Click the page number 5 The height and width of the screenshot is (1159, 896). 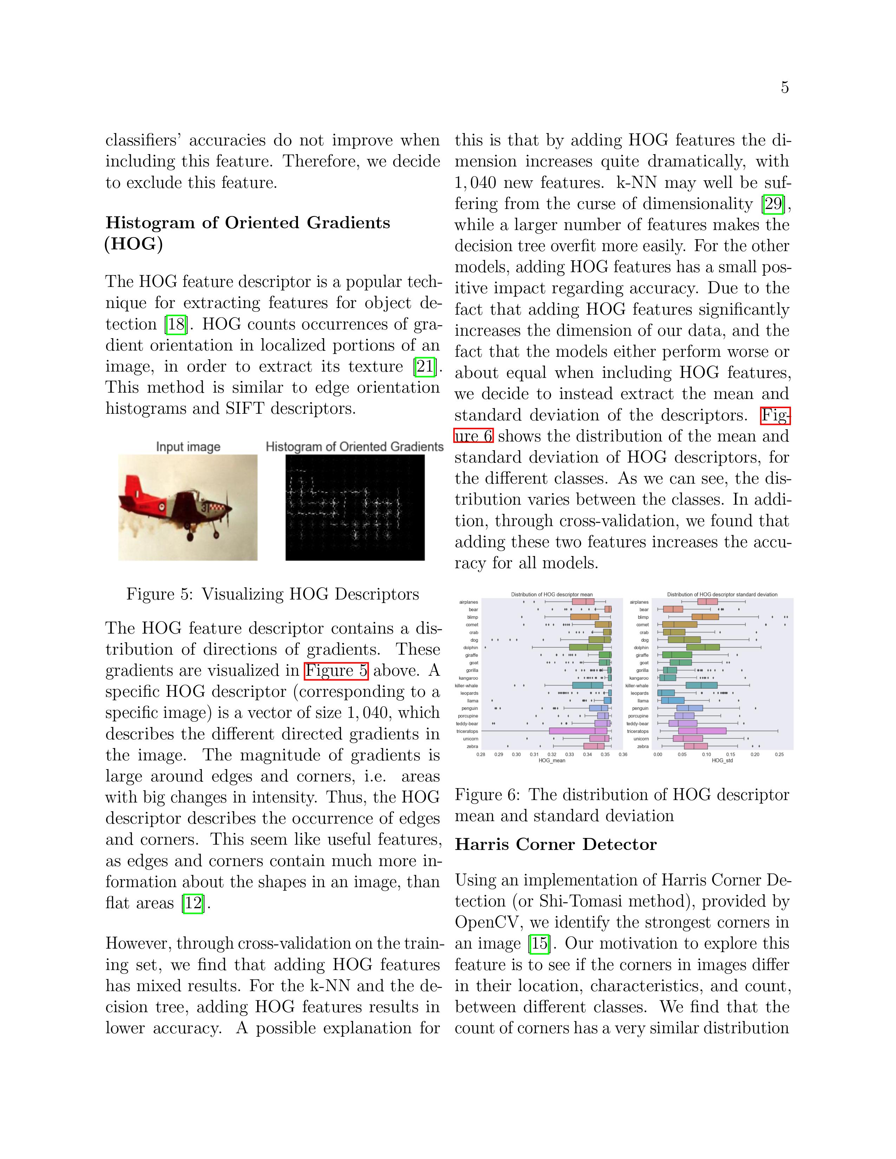tap(785, 87)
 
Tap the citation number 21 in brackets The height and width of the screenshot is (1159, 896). tap(425, 367)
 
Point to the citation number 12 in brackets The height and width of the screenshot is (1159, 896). tap(193, 903)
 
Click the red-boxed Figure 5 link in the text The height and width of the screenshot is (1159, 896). tap(336, 671)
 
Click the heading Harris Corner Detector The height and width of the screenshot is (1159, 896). tap(556, 845)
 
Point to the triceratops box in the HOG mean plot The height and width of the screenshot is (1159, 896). tap(578, 731)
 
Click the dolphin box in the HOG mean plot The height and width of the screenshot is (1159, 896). tap(586, 647)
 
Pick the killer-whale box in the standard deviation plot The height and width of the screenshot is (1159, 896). tap(701, 686)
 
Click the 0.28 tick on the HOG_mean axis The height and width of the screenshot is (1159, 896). tap(481, 754)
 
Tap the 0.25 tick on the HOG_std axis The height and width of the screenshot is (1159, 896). tap(779, 754)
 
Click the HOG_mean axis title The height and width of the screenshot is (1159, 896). tap(552, 760)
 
